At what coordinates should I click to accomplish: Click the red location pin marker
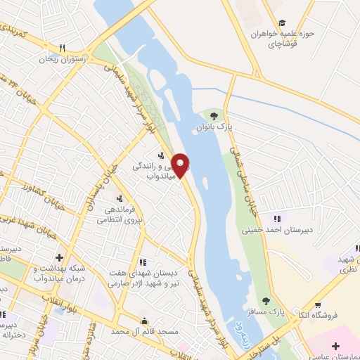[181, 165]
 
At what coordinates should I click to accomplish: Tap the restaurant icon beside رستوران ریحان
[63, 48]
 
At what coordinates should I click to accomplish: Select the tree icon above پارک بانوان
[214, 115]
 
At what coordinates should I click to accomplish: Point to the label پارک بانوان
[214, 127]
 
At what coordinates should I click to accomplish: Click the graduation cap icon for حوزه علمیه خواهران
[282, 22]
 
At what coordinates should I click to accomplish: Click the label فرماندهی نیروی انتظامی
[120, 214]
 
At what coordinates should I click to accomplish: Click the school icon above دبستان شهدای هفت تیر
[143, 262]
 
